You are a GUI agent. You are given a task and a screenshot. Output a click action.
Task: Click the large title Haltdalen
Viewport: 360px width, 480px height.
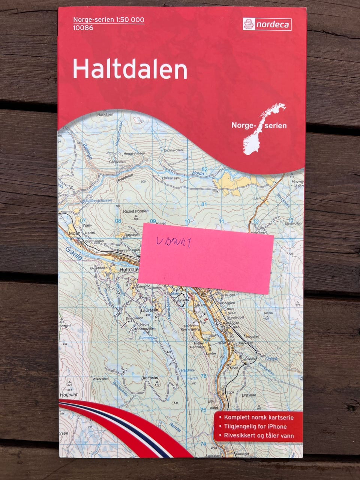[130, 69]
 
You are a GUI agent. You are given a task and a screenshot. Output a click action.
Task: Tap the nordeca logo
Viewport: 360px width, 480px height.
[267, 25]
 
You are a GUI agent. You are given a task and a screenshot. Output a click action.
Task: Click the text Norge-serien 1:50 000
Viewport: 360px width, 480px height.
[108, 19]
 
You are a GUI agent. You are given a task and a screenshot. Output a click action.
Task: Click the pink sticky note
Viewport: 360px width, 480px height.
[206, 258]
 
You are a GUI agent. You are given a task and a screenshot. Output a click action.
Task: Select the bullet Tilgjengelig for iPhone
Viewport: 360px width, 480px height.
[255, 426]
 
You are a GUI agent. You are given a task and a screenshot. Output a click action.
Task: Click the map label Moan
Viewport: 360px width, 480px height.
[75, 233]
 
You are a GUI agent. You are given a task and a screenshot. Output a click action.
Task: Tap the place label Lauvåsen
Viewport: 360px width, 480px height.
[150, 310]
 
